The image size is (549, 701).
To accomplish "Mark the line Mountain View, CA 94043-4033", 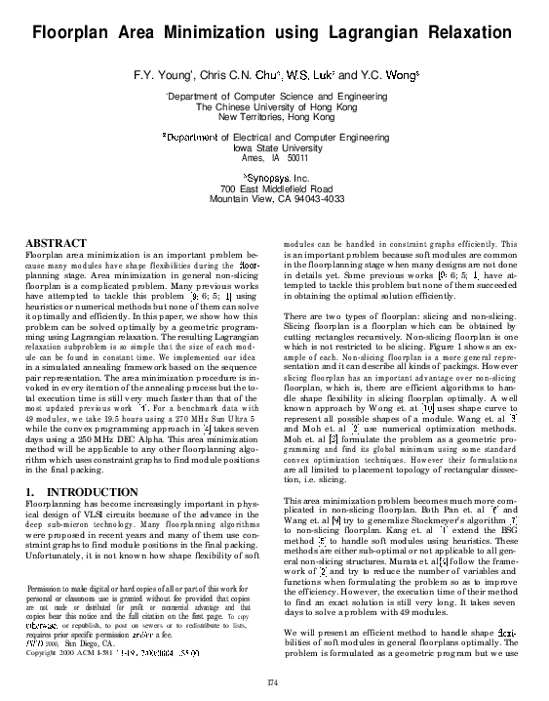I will (277, 199).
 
